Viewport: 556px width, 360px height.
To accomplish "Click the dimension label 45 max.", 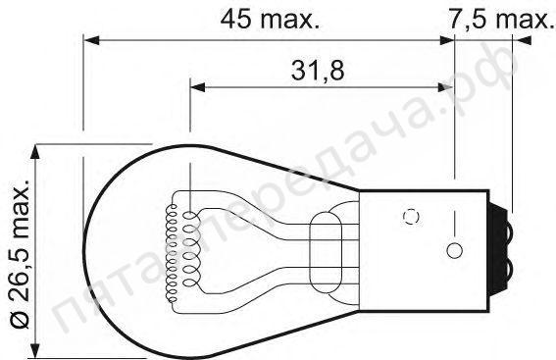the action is [270, 20].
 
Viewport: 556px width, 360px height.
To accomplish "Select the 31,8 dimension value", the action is [318, 71].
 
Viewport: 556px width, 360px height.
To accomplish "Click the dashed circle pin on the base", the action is [411, 217].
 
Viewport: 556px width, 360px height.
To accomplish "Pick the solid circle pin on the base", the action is [454, 251].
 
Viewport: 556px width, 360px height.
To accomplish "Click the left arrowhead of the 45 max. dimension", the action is [91, 40].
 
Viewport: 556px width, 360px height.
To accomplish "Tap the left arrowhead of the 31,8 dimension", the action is [198, 87].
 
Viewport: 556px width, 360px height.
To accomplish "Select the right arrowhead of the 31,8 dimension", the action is [446, 87].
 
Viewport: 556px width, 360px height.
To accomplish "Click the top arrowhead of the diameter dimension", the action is [34, 152].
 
